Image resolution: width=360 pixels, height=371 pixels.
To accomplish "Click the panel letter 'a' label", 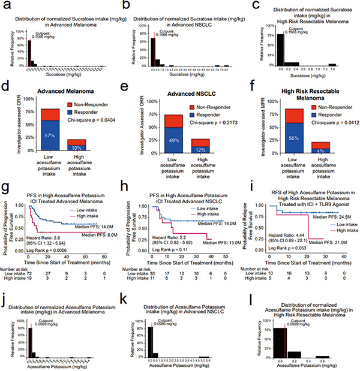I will pos(5,5).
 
